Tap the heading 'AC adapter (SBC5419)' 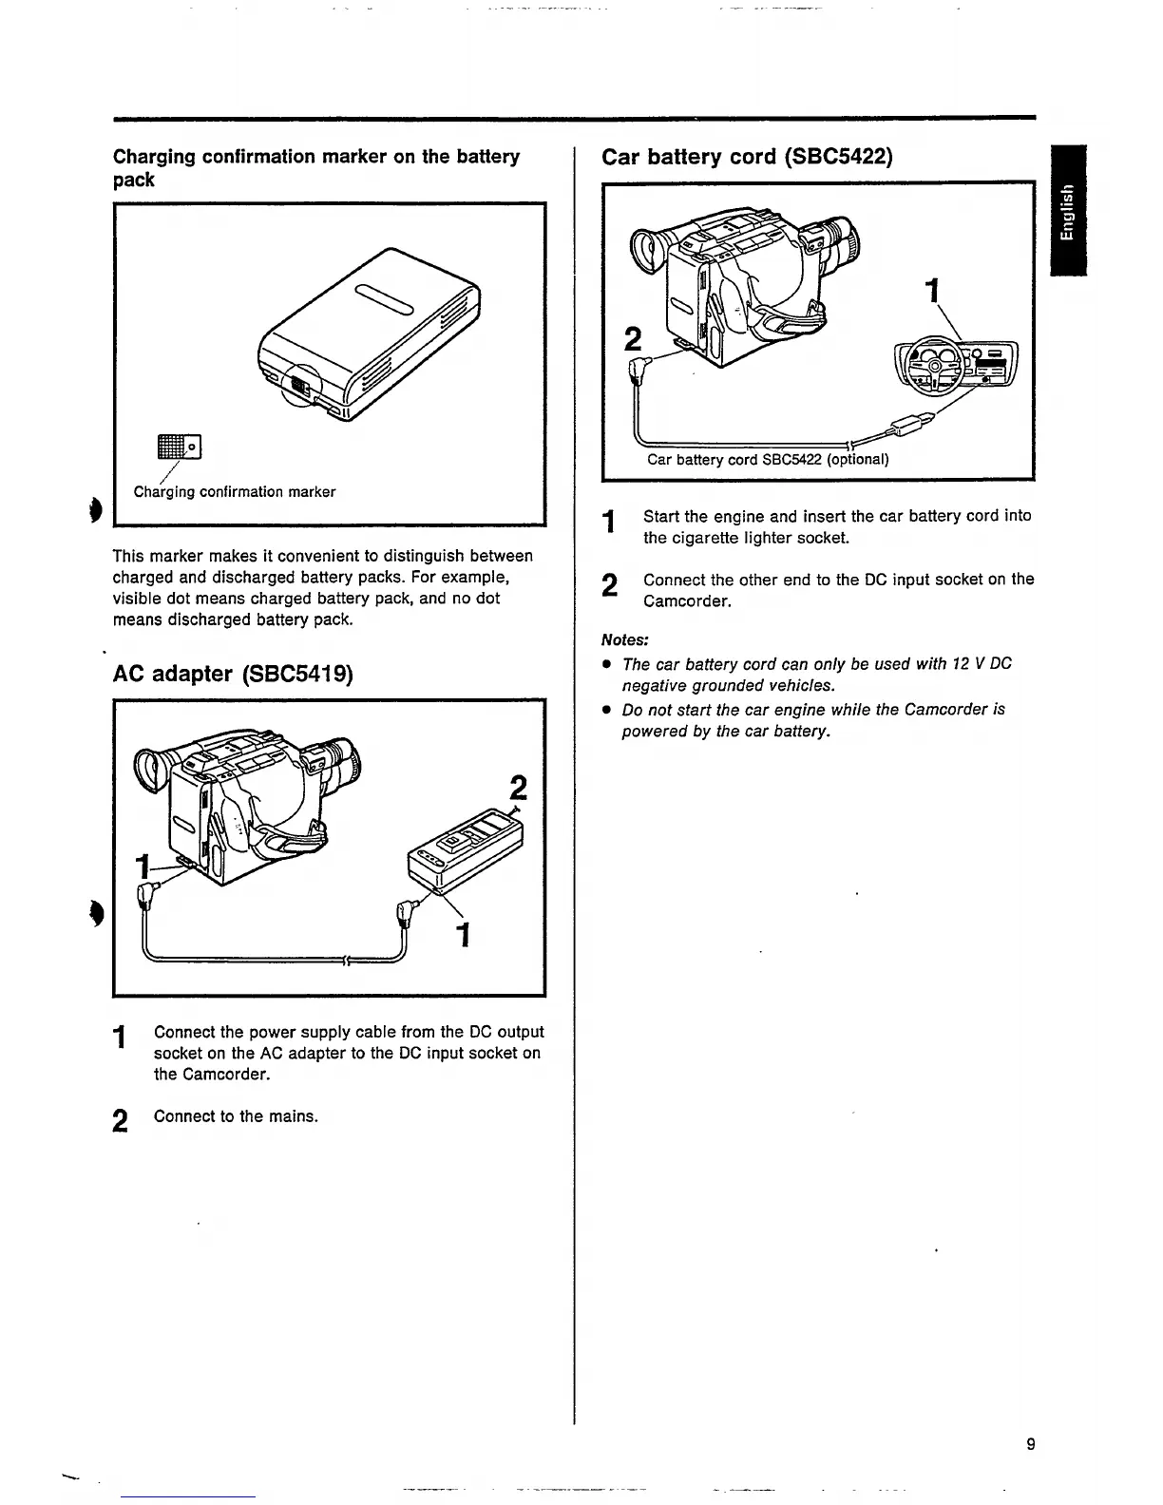pos(233,674)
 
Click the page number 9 pos(1031,1445)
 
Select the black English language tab pos(1068,212)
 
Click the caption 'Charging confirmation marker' pos(235,492)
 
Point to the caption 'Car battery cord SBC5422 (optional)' pos(768,460)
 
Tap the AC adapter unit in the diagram pos(465,847)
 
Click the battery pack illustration pos(371,332)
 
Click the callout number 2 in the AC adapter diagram pos(518,790)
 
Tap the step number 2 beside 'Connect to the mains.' pos(120,1121)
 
